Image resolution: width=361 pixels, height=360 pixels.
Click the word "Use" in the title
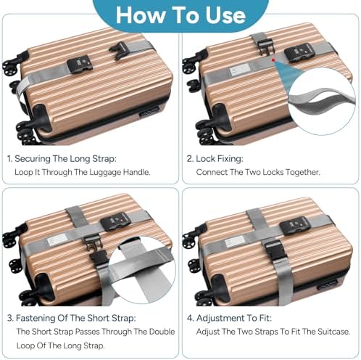coord(225,15)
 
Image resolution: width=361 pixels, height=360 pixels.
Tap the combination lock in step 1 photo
coord(78,64)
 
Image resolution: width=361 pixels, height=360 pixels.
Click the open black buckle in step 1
coord(119,50)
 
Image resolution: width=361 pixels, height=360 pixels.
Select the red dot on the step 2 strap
coord(273,60)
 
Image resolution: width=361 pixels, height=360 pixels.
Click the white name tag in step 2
coord(239,70)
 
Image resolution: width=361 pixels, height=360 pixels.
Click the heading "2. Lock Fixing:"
coord(215,159)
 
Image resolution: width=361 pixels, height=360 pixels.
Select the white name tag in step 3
coord(57,240)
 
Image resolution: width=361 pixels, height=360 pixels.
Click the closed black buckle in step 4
coord(275,250)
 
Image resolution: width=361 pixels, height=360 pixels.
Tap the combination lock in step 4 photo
coord(294,226)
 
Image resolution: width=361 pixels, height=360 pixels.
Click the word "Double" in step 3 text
coord(162,332)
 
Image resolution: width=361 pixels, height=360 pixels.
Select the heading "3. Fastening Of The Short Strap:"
coord(72,318)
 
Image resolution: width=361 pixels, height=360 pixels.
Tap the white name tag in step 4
coord(235,242)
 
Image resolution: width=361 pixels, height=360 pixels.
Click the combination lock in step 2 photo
coord(299,52)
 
